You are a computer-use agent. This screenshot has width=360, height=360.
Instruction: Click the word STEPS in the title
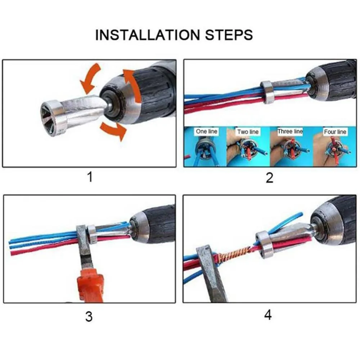(229, 35)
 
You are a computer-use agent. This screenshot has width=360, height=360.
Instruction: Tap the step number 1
(90, 177)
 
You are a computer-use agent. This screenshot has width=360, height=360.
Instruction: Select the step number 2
(270, 178)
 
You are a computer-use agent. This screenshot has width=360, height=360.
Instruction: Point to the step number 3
(89, 316)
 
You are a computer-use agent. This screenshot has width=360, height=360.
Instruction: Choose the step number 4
(268, 315)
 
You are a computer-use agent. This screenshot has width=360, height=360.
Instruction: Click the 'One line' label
(206, 131)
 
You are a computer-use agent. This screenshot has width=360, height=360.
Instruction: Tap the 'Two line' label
(248, 132)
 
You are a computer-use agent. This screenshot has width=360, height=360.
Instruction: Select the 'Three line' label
(290, 131)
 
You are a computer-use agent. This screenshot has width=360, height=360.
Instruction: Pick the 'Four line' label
(335, 132)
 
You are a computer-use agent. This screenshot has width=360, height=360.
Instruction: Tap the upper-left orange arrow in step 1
(90, 78)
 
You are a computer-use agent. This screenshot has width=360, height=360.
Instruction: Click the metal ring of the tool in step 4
(264, 245)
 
